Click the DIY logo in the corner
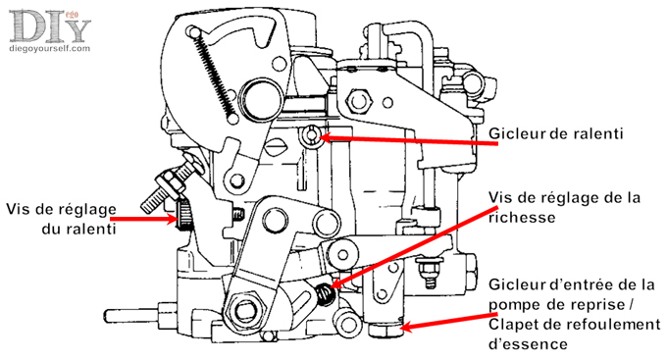click(x=50, y=26)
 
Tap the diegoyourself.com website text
click(x=50, y=48)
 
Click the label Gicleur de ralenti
click(x=555, y=133)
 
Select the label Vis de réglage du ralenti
click(x=61, y=219)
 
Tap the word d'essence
click(x=528, y=343)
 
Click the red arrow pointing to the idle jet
click(x=407, y=140)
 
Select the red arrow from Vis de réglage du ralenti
click(x=142, y=219)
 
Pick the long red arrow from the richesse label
click(x=414, y=246)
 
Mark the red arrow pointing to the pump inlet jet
click(x=449, y=322)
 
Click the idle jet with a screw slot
click(x=311, y=136)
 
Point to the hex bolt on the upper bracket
click(x=359, y=101)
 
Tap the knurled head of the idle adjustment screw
click(x=184, y=215)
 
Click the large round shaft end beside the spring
click(x=260, y=99)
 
